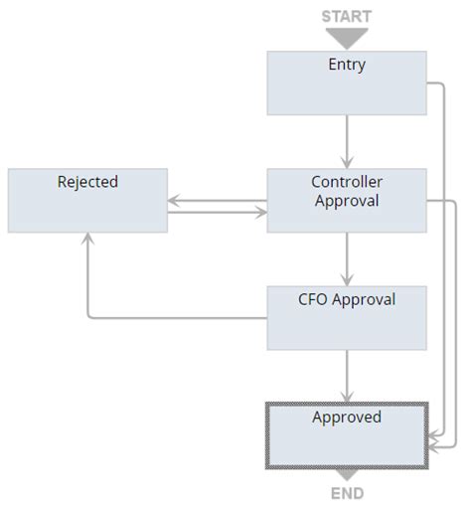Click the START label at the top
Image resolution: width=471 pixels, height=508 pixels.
(x=346, y=16)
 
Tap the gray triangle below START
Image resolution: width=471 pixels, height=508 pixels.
(x=347, y=38)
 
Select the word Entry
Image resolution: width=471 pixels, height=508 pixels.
(x=347, y=65)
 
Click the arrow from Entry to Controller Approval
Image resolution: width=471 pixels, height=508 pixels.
(x=347, y=140)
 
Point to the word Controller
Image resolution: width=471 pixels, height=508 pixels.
(x=347, y=182)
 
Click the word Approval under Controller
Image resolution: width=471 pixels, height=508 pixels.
(x=347, y=200)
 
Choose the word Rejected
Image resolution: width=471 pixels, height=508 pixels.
(x=87, y=182)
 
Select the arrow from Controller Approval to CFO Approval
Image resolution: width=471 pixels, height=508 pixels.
(x=347, y=258)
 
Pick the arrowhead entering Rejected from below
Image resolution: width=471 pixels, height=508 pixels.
(x=87, y=239)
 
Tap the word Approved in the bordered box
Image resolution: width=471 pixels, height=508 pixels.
(x=347, y=417)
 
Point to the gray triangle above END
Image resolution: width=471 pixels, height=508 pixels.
(x=347, y=475)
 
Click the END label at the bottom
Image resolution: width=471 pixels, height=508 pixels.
(x=347, y=493)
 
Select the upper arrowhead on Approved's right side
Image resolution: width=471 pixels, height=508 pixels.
(x=434, y=437)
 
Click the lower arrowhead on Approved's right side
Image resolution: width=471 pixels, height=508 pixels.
(x=434, y=449)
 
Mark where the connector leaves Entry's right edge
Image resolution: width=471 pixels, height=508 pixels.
(x=428, y=83)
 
